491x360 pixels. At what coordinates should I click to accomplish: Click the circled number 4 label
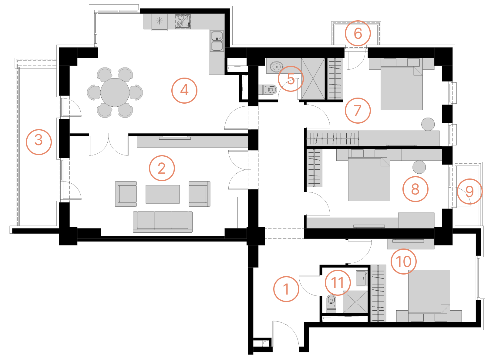click(x=184, y=90)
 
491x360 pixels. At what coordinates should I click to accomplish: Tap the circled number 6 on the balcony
click(x=358, y=33)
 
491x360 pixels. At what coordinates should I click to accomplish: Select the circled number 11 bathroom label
click(x=338, y=282)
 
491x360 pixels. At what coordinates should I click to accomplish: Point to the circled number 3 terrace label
click(x=39, y=142)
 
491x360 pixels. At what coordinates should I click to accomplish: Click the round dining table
click(x=115, y=92)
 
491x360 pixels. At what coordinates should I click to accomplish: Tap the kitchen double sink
click(x=217, y=41)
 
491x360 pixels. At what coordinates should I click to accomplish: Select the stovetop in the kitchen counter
click(x=183, y=22)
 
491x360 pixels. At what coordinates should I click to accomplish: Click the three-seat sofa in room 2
click(x=163, y=222)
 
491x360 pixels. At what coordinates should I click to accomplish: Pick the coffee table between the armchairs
click(x=163, y=194)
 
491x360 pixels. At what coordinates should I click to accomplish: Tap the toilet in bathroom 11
click(x=331, y=304)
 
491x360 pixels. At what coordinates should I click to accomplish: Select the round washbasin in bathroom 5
click(x=276, y=67)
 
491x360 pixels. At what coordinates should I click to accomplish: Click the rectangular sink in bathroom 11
click(x=361, y=278)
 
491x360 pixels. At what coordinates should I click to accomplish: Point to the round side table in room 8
click(x=419, y=167)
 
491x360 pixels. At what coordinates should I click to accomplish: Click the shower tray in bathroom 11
click(x=355, y=302)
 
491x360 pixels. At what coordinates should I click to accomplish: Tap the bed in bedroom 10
click(x=429, y=296)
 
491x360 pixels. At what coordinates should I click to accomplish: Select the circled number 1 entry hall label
click(x=286, y=289)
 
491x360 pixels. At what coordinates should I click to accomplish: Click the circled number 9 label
click(x=470, y=192)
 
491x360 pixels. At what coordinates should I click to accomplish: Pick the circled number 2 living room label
click(x=162, y=168)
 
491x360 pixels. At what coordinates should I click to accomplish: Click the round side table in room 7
click(x=428, y=124)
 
